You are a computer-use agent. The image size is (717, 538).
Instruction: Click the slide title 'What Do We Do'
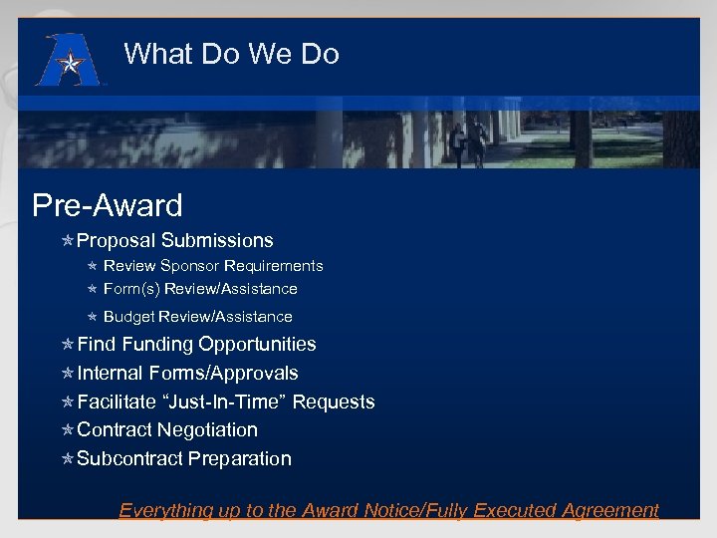tap(231, 54)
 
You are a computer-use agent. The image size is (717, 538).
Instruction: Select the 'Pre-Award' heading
tap(108, 205)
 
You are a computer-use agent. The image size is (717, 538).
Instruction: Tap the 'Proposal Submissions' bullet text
tap(174, 240)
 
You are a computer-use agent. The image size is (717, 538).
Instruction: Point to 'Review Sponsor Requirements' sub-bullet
tap(213, 266)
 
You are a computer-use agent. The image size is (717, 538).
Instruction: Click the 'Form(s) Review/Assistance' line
tap(200, 289)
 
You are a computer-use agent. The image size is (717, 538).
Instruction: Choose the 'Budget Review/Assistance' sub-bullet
tap(197, 317)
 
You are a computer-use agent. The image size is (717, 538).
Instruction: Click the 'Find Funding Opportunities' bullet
tap(196, 345)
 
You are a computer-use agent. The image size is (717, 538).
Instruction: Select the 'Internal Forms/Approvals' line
tap(187, 374)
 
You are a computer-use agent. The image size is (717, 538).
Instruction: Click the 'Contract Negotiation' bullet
tap(167, 430)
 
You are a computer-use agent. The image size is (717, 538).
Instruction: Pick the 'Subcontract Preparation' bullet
tap(184, 459)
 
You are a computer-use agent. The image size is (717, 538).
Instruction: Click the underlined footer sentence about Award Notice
tap(388, 510)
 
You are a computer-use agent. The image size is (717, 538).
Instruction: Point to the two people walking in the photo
tap(468, 141)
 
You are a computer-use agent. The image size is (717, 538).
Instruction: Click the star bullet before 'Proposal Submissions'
tap(68, 241)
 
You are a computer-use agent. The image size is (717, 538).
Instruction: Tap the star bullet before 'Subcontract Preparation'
tap(68, 459)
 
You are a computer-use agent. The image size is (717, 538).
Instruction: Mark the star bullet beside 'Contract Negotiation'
tap(68, 430)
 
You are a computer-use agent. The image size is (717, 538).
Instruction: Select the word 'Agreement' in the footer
tap(608, 510)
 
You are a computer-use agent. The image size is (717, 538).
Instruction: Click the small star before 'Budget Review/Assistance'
tap(92, 317)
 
